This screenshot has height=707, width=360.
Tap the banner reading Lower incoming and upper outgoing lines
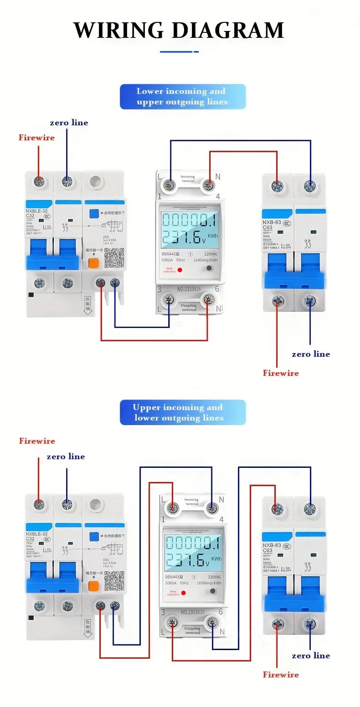[182, 97]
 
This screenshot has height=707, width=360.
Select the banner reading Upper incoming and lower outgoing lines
[182, 412]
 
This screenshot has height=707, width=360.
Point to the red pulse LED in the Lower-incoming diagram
[180, 270]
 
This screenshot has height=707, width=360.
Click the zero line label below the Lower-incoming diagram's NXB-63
[311, 354]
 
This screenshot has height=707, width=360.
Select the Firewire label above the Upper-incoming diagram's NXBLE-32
[37, 441]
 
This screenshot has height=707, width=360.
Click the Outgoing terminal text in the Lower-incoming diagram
[189, 307]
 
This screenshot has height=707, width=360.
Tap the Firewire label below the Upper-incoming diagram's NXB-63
[281, 675]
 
